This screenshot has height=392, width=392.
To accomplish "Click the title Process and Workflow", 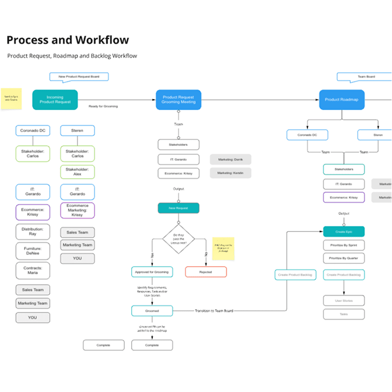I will (68, 40).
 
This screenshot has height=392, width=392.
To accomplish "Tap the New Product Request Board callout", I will (78, 76).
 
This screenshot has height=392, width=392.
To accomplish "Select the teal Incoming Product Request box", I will (55, 99).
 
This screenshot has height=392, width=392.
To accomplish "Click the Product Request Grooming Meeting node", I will (179, 99).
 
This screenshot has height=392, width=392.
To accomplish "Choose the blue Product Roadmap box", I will (342, 99).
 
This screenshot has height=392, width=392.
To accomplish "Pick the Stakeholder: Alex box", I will (77, 172).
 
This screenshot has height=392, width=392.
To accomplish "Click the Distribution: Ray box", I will (32, 231).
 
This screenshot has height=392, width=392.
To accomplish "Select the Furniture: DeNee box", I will (32, 251).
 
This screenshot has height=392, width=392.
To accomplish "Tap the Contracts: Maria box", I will (32, 271).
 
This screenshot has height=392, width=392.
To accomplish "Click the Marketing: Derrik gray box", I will (231, 159).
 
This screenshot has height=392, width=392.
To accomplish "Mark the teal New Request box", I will (178, 208).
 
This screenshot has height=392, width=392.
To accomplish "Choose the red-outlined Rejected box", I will (206, 272).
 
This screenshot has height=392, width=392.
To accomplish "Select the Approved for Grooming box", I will (152, 272).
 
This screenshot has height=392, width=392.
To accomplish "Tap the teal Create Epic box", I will (344, 231).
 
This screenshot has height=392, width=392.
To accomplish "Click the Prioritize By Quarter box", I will (344, 258).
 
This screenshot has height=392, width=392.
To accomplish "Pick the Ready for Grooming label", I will (103, 106).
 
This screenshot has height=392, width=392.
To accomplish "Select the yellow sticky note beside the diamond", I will (223, 249).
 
